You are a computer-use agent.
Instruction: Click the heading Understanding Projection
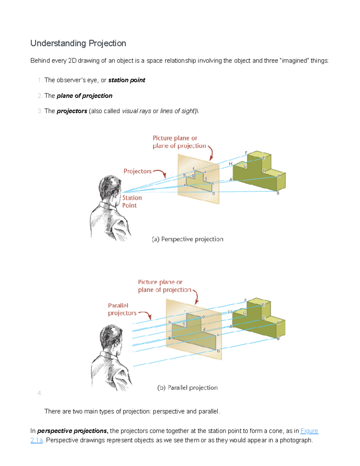(78, 44)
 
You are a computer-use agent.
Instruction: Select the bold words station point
(127, 80)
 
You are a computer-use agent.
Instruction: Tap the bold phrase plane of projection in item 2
(84, 96)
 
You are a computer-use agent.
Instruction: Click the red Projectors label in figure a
(137, 171)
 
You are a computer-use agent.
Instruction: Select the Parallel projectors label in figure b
(122, 309)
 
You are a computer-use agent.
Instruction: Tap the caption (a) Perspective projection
(187, 239)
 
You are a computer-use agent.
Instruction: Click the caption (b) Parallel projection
(187, 388)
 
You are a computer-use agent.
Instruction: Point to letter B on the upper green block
(278, 193)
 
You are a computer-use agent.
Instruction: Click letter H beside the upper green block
(230, 164)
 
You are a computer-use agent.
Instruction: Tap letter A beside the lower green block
(231, 326)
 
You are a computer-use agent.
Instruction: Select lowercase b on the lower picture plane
(218, 351)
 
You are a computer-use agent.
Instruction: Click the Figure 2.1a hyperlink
(309, 431)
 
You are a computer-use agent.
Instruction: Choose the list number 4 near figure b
(40, 393)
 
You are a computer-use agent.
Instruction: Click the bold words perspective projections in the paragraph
(72, 431)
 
